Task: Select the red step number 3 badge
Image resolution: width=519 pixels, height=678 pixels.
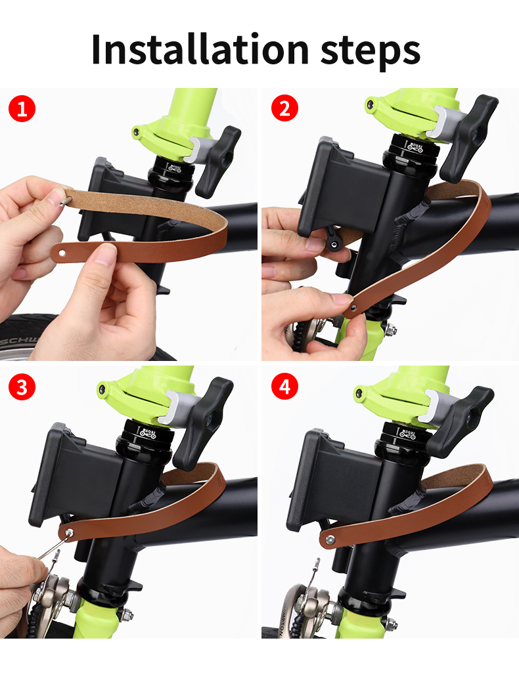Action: [x=22, y=387]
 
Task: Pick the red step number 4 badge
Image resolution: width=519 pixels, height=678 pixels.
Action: [x=284, y=387]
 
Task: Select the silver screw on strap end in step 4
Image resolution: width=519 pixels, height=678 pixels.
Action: [x=329, y=540]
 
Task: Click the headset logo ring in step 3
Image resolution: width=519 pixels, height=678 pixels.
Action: [x=147, y=434]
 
